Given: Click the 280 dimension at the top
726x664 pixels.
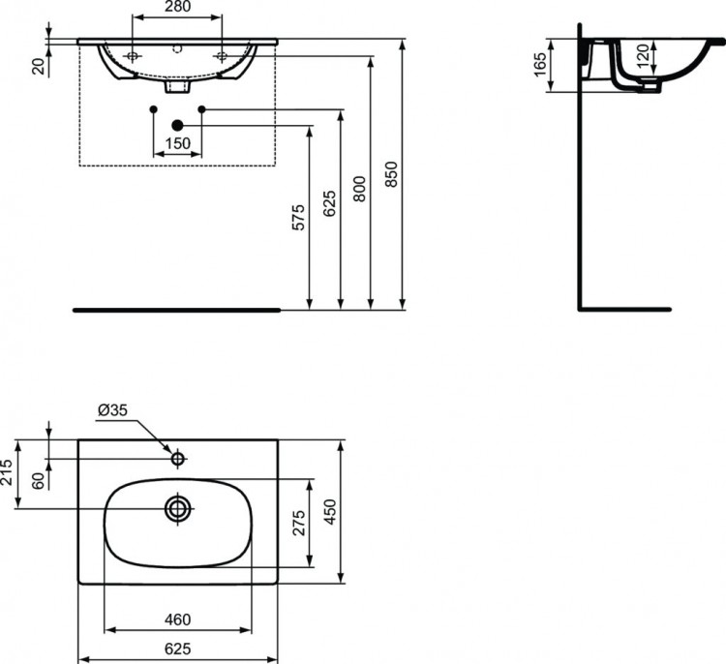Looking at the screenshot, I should (x=176, y=8).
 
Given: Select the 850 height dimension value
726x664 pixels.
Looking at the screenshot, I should (x=390, y=172).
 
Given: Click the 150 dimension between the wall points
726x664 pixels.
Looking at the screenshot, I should (x=176, y=144).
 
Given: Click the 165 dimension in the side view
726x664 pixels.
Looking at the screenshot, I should (x=540, y=66).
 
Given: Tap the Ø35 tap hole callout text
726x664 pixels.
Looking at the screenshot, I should (x=112, y=410).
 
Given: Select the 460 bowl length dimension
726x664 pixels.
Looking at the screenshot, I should (x=177, y=620).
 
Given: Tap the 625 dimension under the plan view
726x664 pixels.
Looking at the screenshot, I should (x=177, y=647).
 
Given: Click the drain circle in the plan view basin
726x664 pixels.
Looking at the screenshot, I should (x=177, y=509).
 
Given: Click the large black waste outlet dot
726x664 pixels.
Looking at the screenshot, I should (x=177, y=125).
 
